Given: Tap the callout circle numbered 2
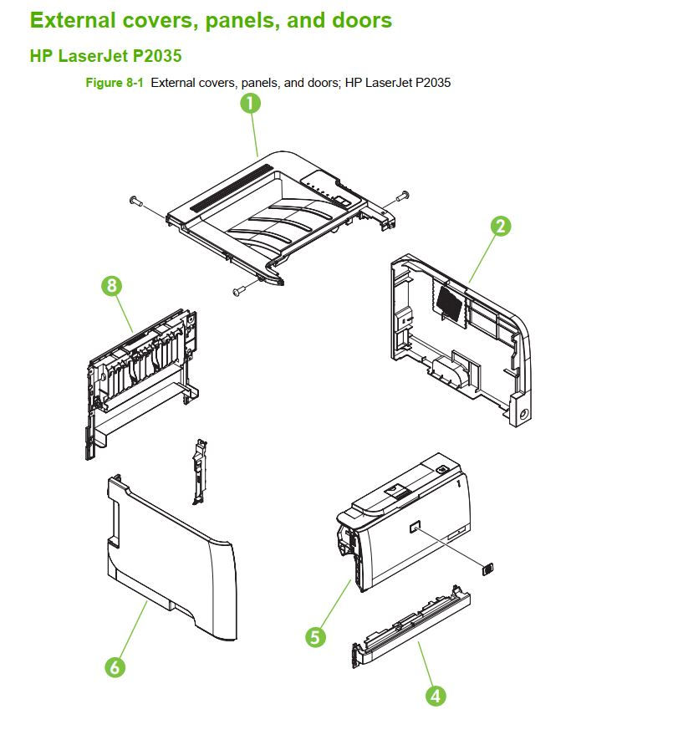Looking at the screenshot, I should coord(500,227).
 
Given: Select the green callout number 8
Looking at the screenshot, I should coord(111,286).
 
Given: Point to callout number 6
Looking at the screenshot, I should coord(115,667).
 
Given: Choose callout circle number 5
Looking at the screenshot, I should coord(315,637).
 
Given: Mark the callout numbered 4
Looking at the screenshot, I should coord(436,696).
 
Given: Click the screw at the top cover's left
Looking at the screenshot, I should coord(136,201).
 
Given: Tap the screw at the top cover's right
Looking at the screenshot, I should coord(403,195).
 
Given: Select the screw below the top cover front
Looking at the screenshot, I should coord(237,290).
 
